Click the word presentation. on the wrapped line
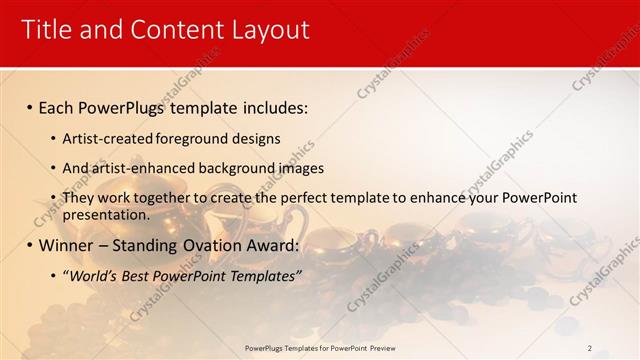106,214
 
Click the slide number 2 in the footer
590,347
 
